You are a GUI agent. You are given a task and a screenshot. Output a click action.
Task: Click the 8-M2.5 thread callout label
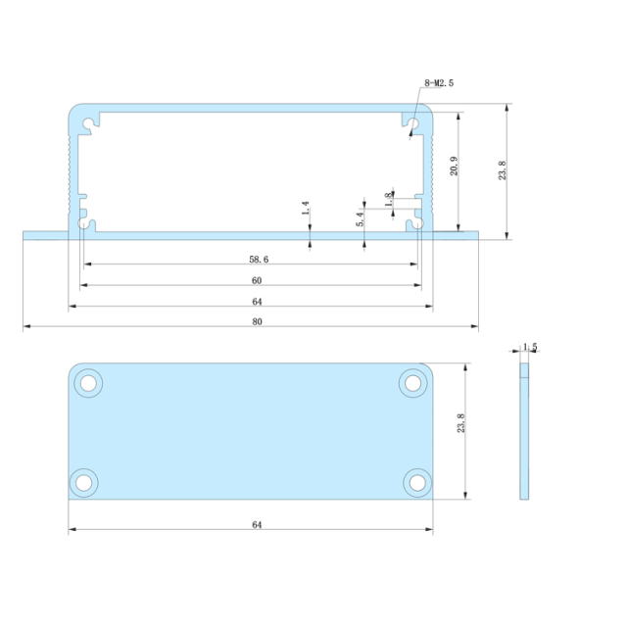440,83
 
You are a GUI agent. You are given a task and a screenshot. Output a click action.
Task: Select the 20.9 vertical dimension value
453,167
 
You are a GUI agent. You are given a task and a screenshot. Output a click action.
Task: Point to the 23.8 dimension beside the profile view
502,169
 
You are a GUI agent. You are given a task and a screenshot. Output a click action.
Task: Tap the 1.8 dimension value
389,199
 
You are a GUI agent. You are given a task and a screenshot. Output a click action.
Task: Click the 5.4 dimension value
361,219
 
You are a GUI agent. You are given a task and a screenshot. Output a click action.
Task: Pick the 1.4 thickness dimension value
306,209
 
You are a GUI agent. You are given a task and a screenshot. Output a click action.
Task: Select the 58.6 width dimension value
257,260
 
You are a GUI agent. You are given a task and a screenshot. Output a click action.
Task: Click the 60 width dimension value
257,281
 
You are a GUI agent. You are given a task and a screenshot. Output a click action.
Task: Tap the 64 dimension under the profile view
257,302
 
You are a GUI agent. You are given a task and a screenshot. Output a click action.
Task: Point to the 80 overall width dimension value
257,322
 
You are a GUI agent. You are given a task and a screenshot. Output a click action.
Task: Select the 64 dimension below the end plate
257,525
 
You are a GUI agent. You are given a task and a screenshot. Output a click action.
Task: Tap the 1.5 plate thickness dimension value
530,347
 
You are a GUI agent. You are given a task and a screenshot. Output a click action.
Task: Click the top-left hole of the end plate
88,382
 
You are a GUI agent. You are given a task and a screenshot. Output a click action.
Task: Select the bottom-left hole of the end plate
85,481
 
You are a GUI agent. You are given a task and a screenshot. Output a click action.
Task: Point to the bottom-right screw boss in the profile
416,224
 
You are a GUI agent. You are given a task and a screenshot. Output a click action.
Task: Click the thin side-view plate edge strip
524,431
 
